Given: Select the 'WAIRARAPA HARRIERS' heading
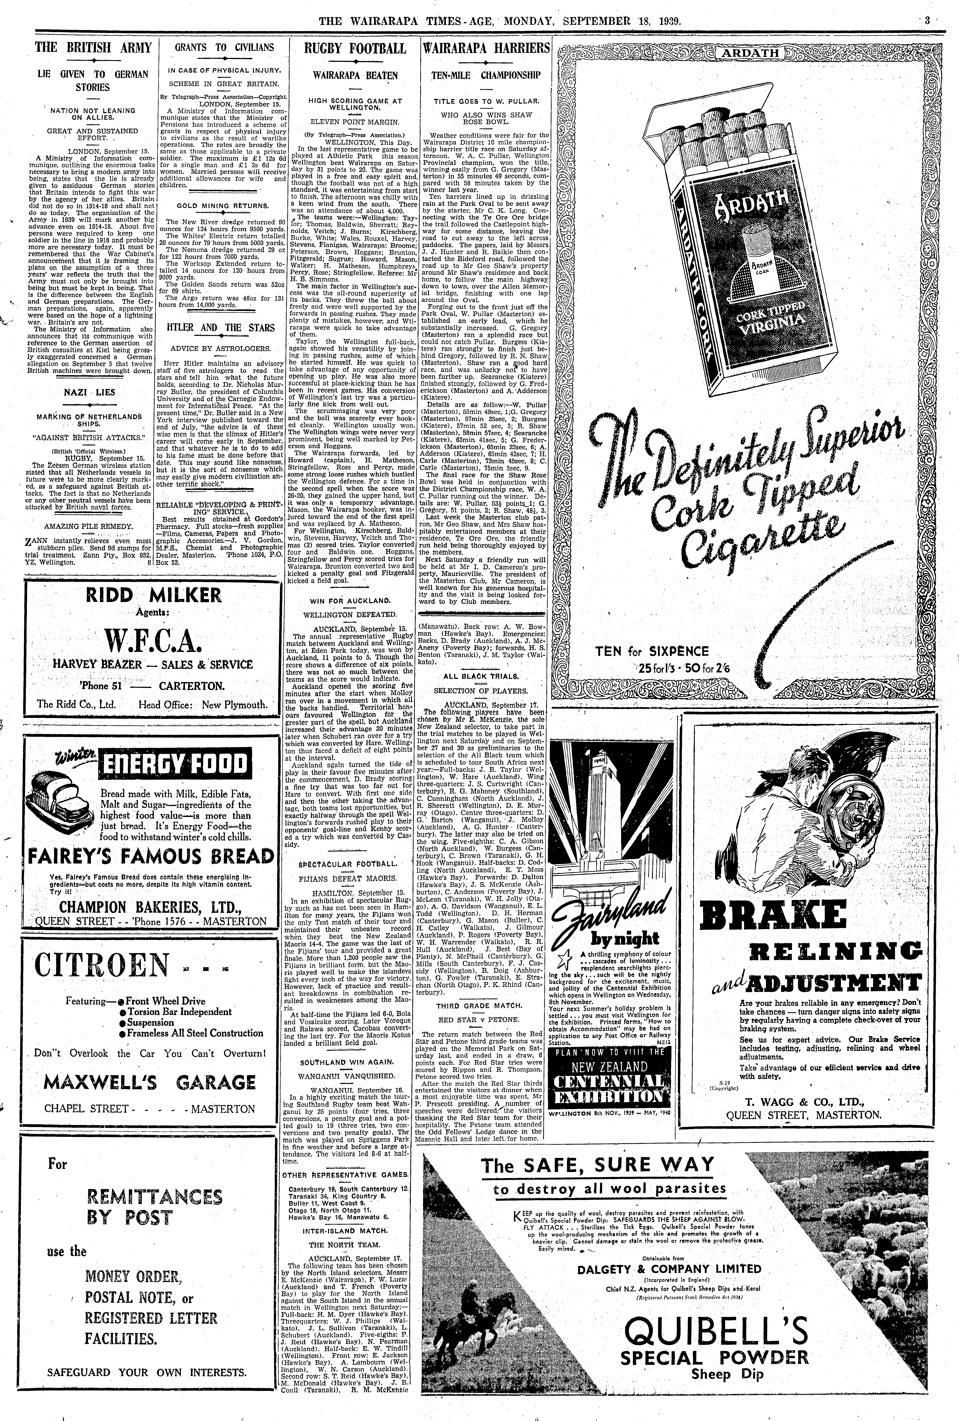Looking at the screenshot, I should (486, 48).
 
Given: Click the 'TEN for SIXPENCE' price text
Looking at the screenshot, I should (652, 651).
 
